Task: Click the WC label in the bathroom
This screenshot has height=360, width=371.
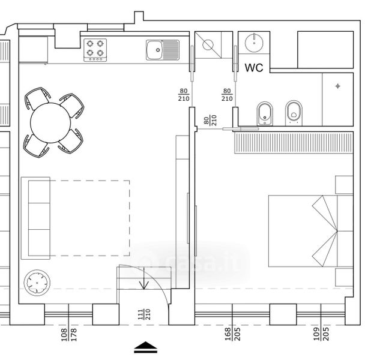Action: (x=254, y=68)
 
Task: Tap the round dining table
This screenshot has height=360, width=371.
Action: (x=50, y=123)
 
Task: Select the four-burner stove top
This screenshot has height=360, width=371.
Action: (x=95, y=50)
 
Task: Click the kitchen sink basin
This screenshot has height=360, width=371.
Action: (x=154, y=50)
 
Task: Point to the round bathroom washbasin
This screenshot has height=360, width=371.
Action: (x=254, y=43)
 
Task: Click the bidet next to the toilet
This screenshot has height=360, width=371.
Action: (x=265, y=113)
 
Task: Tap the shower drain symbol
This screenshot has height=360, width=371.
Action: (x=337, y=86)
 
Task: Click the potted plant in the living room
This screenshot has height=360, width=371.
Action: (x=37, y=283)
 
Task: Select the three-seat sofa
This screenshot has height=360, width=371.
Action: (x=36, y=218)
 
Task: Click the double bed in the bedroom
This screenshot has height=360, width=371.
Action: (x=310, y=231)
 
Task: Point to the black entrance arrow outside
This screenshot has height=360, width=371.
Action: (x=146, y=347)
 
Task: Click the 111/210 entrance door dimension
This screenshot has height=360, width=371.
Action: (x=144, y=314)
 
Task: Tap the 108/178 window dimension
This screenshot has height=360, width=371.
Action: (x=69, y=334)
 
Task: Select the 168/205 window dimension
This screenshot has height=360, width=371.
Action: (x=232, y=334)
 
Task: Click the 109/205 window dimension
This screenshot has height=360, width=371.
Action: (x=321, y=334)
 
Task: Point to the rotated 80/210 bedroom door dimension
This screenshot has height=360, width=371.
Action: (x=210, y=121)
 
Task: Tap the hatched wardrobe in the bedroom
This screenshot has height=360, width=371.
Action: (x=294, y=143)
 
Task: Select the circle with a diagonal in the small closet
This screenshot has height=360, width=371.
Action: (x=208, y=45)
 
